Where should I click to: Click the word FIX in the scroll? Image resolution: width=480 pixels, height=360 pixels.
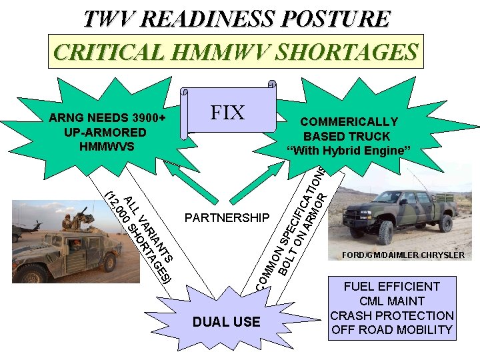(x=227, y=113)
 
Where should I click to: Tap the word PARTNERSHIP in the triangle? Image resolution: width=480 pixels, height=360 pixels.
(x=227, y=218)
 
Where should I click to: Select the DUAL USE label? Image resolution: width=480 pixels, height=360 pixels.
(x=227, y=322)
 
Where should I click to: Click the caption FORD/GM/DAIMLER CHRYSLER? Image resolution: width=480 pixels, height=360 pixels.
(x=403, y=255)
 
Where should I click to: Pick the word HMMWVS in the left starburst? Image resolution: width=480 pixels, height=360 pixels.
(x=107, y=146)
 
